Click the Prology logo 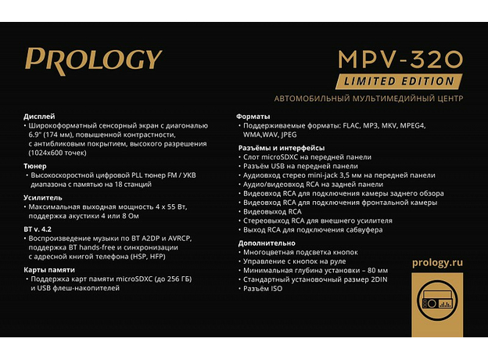pyautogui.click(x=93, y=60)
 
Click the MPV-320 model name pyautogui.click(x=400, y=59)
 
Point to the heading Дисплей pyautogui.click(x=40, y=116)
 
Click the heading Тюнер pyautogui.click(x=36, y=166)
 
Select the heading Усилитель pyautogui.click(x=45, y=198)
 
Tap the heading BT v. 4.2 pyautogui.click(x=39, y=227)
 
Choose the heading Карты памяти pyautogui.click(x=50, y=268)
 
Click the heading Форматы pyautogui.click(x=254, y=116)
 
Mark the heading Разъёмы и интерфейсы pyautogui.click(x=281, y=147)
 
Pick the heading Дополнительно pyautogui.click(x=267, y=243)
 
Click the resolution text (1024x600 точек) pyautogui.click(x=65, y=153)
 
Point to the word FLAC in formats pyautogui.click(x=353, y=125)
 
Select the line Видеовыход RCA pyautogui.click(x=272, y=211)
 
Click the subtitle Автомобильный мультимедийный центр pyautogui.click(x=368, y=99)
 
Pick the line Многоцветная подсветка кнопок pyautogui.click(x=300, y=252)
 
